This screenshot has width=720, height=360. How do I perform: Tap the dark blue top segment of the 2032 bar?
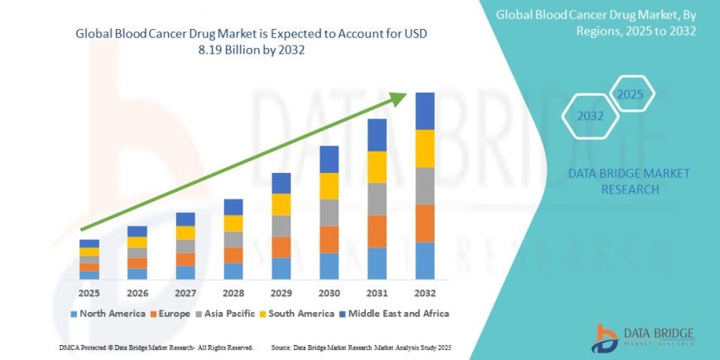tap(425, 111)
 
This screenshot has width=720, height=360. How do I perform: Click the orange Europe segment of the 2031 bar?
tap(377, 231)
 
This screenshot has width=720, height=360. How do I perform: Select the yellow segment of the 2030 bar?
tap(329, 185)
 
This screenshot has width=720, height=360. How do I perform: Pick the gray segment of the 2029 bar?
tap(281, 226)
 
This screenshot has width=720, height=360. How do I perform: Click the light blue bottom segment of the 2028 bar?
tap(233, 271)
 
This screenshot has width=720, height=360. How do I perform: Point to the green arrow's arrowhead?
tap(400, 98)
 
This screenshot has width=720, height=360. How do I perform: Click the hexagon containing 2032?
tap(591, 117)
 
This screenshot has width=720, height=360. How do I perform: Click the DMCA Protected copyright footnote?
tap(156, 347)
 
